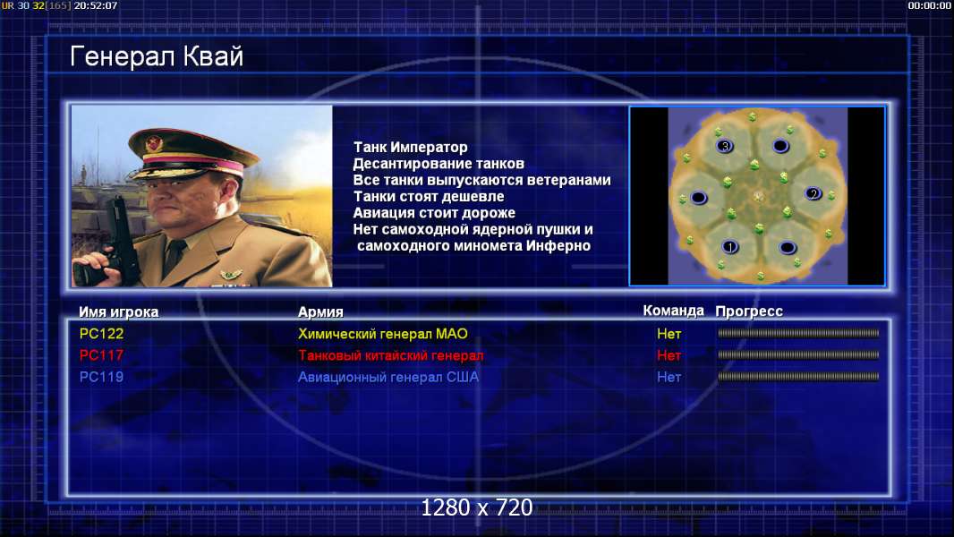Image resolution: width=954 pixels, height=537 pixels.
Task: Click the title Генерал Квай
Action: click(157, 56)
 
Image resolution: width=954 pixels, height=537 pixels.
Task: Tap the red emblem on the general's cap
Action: click(154, 143)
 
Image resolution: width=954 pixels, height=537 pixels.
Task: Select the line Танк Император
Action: click(411, 147)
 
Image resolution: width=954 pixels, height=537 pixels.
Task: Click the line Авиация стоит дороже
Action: click(434, 213)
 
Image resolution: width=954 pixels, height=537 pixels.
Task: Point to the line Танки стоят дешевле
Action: click(429, 196)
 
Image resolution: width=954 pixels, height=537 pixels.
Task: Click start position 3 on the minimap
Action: click(725, 146)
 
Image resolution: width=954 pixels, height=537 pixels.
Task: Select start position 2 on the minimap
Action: click(813, 194)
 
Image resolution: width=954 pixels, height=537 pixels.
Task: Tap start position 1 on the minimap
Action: click(730, 247)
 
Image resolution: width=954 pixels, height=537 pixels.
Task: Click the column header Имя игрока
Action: click(119, 312)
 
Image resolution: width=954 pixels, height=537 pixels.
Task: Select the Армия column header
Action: click(320, 312)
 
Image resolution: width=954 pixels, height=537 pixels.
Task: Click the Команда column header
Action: click(674, 311)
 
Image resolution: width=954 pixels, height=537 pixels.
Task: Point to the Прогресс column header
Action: click(749, 311)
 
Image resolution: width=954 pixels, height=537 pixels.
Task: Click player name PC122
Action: click(102, 334)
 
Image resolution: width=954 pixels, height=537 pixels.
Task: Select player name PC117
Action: click(102, 355)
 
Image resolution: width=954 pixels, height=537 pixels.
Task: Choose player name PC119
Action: click(102, 377)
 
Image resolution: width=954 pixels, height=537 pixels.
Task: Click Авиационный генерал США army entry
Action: click(388, 377)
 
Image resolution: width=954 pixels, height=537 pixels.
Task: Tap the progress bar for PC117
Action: click(798, 355)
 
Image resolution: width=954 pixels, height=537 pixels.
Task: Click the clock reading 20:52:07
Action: click(96, 5)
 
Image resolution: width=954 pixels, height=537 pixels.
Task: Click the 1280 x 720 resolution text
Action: click(477, 507)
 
